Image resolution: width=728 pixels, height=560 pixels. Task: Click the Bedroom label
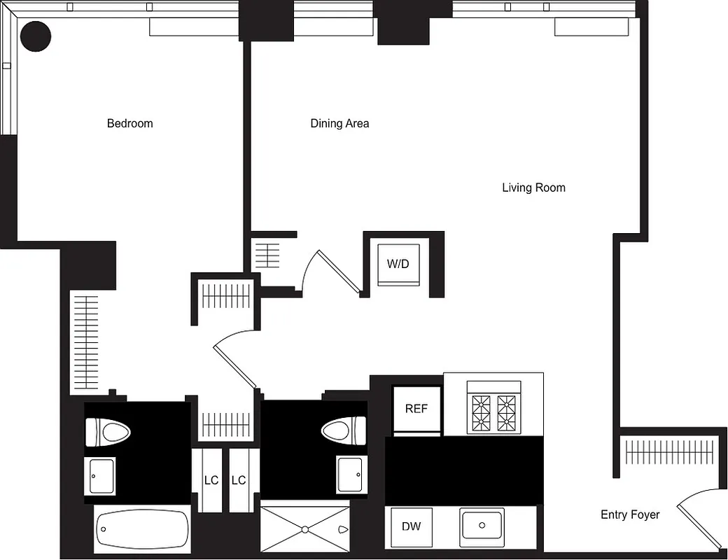pyautogui.click(x=129, y=123)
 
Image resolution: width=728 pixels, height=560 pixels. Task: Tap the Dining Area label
pyautogui.click(x=339, y=123)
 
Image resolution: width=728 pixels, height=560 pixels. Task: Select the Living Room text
pyautogui.click(x=533, y=188)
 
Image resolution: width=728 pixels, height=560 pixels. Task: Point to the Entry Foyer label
pyautogui.click(x=630, y=514)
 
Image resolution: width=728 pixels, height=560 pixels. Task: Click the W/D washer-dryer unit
pyautogui.click(x=398, y=265)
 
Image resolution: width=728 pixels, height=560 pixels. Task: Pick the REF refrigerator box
pyautogui.click(x=416, y=409)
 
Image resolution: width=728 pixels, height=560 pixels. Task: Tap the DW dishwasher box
pyautogui.click(x=412, y=526)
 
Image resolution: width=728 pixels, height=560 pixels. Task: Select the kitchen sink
pyautogui.click(x=482, y=525)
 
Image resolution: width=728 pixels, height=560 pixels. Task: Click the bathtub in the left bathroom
pyautogui.click(x=142, y=530)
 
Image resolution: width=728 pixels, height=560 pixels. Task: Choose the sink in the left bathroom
pyautogui.click(x=100, y=476)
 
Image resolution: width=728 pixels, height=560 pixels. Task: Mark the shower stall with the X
pyautogui.click(x=304, y=528)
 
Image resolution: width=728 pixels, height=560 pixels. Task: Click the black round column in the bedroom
pyautogui.click(x=35, y=36)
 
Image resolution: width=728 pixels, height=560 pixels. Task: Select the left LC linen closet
pyautogui.click(x=211, y=480)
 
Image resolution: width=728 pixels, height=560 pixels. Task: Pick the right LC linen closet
pyautogui.click(x=239, y=480)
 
